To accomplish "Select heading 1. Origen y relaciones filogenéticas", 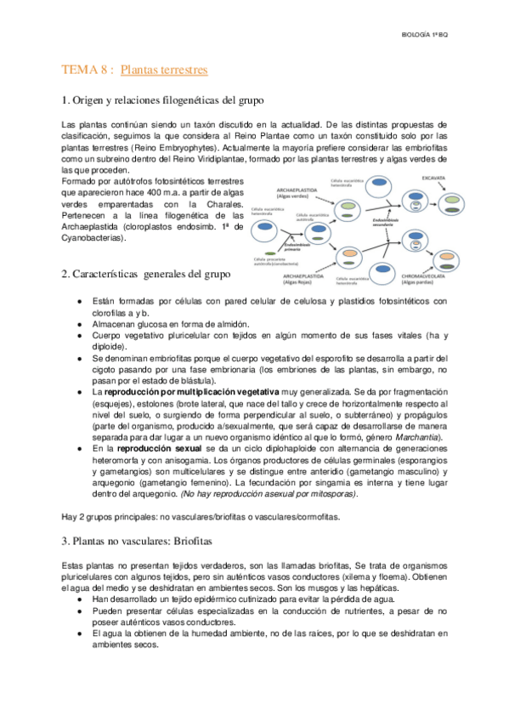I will pos(163,100).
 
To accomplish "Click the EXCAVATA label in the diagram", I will pos(429,179).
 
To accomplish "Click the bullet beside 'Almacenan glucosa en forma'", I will pos(79,324).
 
